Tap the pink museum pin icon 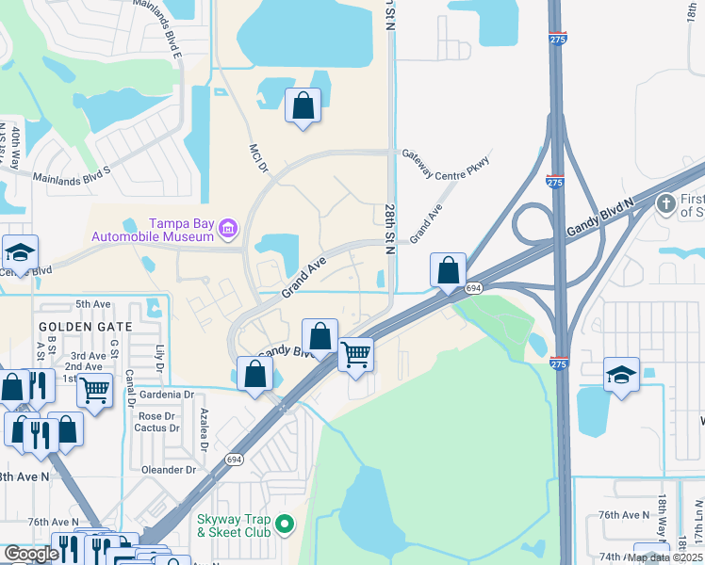point(227,229)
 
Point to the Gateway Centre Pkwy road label point(447,163)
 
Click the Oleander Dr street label point(171,469)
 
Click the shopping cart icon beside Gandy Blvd point(355,355)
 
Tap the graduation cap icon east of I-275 point(621,375)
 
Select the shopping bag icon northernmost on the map point(303,105)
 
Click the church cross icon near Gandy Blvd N point(666,203)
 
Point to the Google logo point(30,555)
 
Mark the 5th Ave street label point(93,304)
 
